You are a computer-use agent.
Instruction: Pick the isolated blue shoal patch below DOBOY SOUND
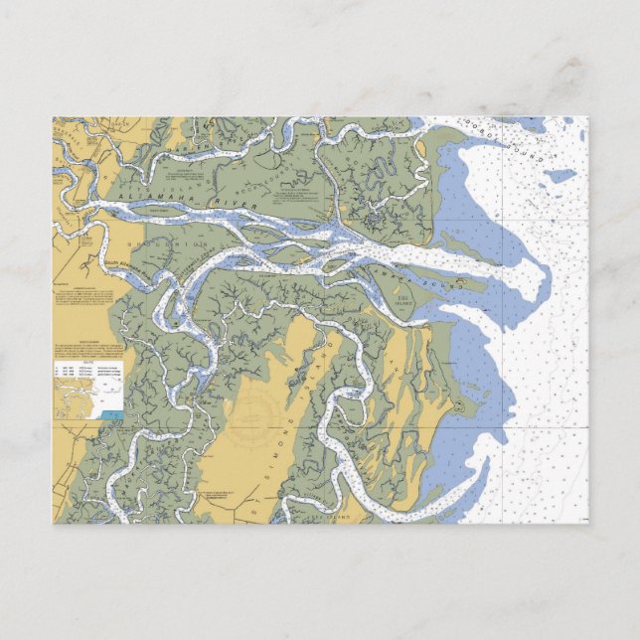pyautogui.click(x=561, y=176)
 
